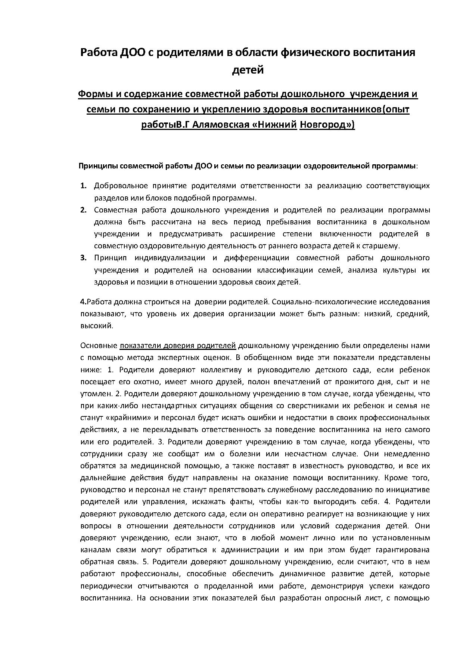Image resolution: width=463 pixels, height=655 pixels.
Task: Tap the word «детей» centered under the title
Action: tap(248, 70)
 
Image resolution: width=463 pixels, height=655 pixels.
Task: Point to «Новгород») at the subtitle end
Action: tap(327, 124)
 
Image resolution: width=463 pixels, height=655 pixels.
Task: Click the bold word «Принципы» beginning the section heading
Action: tap(98, 166)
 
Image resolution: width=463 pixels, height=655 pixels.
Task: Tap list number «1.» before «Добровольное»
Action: tap(84, 186)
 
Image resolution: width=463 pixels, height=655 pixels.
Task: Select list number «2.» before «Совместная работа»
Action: tap(84, 210)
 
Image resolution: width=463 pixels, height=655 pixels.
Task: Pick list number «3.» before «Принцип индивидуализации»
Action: tap(84, 258)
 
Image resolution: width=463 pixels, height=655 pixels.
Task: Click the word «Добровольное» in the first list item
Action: tap(121, 186)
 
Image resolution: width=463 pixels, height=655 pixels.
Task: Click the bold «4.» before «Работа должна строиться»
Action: tap(83, 302)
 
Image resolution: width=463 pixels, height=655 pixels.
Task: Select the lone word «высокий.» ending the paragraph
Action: tap(97, 326)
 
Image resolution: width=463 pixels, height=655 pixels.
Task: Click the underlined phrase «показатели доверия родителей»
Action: tap(178, 346)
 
